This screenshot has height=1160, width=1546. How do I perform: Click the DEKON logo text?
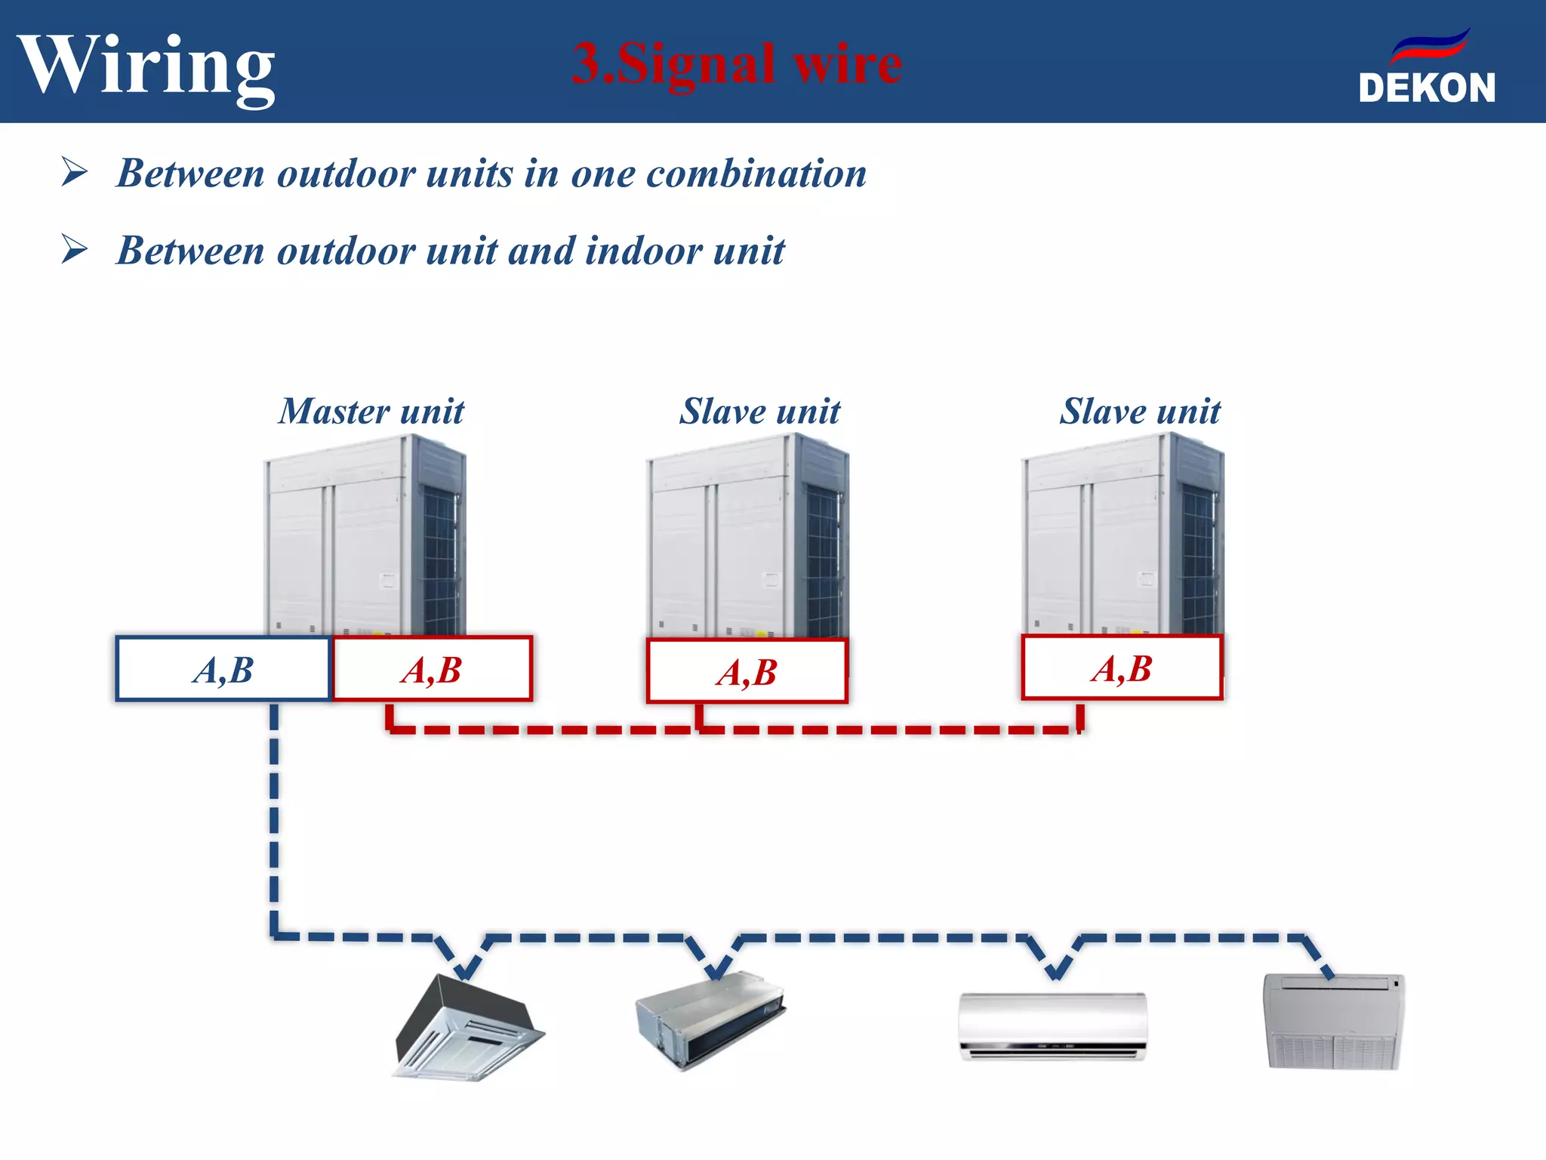1427,88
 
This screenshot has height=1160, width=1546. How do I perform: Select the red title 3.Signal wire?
737,63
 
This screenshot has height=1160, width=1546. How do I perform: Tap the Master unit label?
371,412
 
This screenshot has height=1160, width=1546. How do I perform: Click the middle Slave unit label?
759,412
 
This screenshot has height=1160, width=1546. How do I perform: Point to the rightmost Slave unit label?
1140,412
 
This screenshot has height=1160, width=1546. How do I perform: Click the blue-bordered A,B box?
223,669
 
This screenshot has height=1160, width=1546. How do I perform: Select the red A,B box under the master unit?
433,669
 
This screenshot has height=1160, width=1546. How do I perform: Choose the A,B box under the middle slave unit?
747,671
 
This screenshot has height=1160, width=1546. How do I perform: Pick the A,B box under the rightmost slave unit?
1122,668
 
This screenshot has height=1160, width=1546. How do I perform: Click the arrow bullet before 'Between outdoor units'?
75,172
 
